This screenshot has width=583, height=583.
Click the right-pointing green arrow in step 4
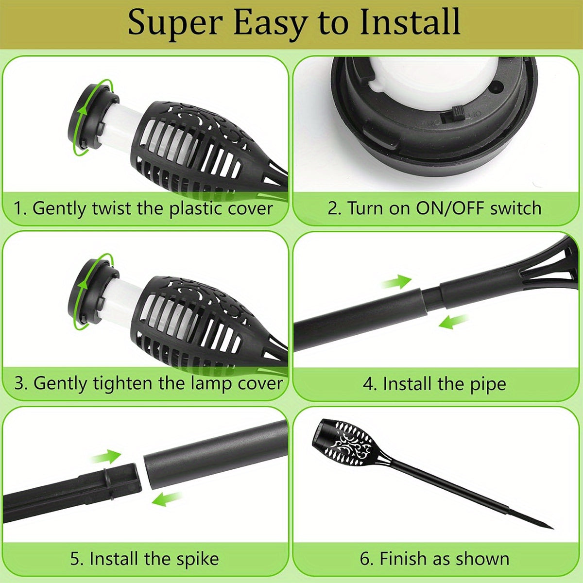(x=396, y=282)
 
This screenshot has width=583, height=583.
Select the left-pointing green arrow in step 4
(x=453, y=321)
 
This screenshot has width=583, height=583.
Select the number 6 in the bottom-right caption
(x=364, y=559)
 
